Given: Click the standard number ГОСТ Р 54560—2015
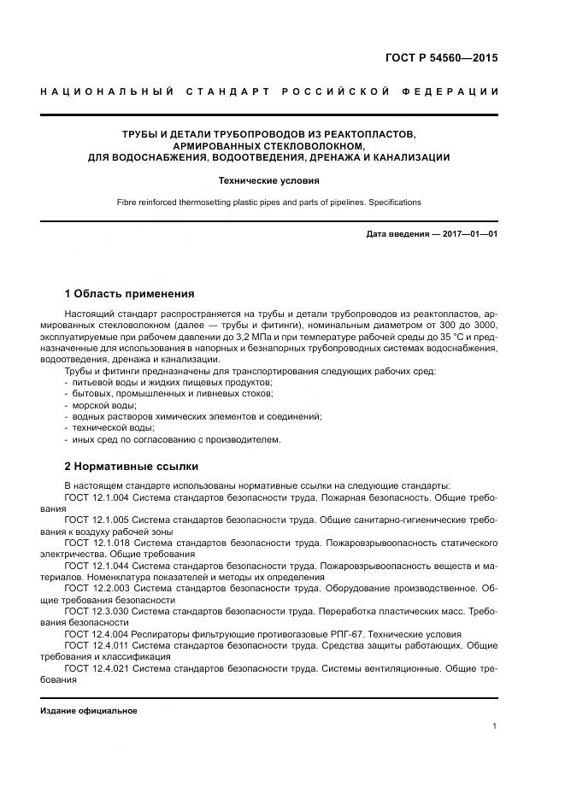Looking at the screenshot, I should pyautogui.click(x=442, y=58).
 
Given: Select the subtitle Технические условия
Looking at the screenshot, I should pyautogui.click(x=269, y=181).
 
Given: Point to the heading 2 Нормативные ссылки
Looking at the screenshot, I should pyautogui.click(x=131, y=467).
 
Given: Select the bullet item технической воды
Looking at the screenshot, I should pyautogui.click(x=108, y=427).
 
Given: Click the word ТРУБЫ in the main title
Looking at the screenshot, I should pyautogui.click(x=140, y=134).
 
